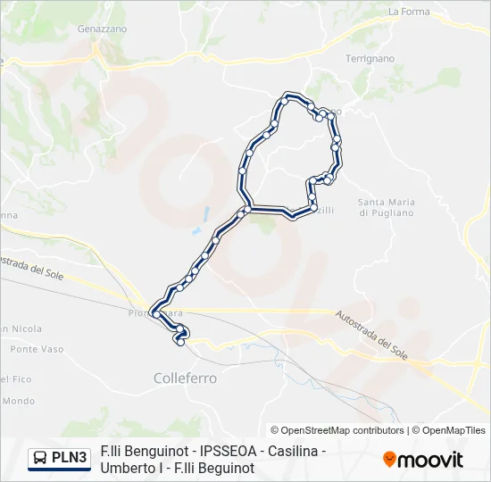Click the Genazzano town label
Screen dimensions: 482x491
point(102,29)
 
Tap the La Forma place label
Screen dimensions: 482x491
point(409,12)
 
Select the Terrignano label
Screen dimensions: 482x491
point(370,58)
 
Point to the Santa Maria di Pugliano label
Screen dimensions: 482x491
point(387,207)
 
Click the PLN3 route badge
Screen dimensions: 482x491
point(70,458)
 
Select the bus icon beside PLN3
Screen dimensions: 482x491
point(40,459)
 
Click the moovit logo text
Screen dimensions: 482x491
point(431,460)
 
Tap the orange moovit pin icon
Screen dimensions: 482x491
point(389,460)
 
